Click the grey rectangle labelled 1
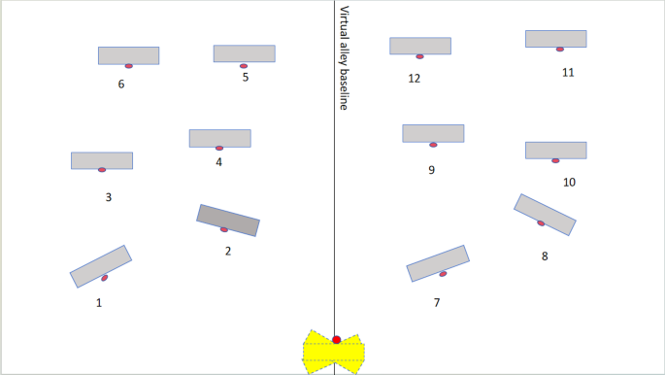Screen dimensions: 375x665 100,265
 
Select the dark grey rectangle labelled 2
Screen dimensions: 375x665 228,220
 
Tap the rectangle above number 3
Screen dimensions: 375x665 101,160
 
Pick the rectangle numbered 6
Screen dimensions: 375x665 128,55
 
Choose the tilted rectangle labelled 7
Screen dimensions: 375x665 437,262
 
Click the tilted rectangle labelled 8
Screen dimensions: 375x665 545,214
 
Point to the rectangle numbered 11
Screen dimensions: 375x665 555,38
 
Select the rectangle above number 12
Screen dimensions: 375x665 420,46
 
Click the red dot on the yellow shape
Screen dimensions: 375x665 336,339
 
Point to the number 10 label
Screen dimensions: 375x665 569,182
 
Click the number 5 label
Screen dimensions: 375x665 246,77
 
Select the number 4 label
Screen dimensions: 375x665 219,162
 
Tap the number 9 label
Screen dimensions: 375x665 431,170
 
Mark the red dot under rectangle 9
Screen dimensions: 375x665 433,145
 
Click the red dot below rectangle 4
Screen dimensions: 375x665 219,149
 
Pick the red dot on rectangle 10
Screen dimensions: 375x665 555,160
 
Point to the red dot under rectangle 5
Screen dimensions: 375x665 244,66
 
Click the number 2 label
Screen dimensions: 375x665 228,252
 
